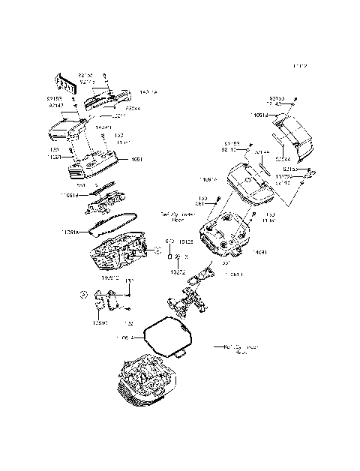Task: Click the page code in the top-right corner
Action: tap(300, 67)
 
